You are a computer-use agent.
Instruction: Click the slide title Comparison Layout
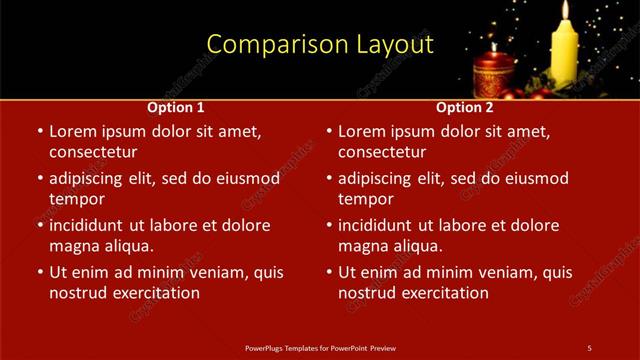coord(320,45)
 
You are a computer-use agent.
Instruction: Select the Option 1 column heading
coord(176,107)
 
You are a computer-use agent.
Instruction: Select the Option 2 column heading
coord(465,107)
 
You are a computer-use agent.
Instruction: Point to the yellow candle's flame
coord(565,10)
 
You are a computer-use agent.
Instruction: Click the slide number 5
coord(589,348)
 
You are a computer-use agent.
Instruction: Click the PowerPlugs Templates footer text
coord(320,348)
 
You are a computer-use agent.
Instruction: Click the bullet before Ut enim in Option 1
coord(39,272)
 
